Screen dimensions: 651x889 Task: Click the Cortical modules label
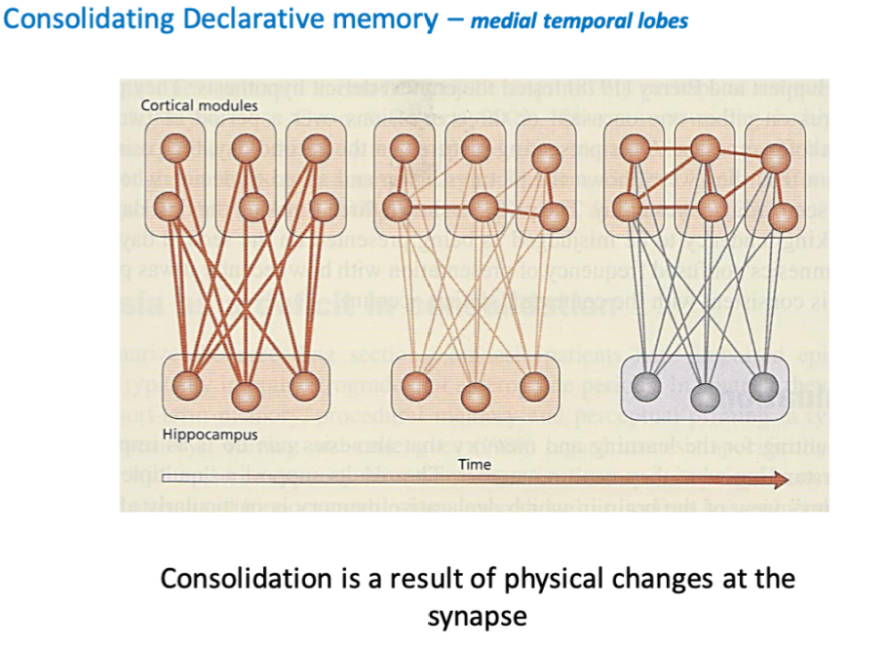click(x=200, y=104)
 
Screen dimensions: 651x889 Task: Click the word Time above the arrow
click(x=475, y=465)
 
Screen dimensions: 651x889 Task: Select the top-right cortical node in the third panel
click(x=774, y=159)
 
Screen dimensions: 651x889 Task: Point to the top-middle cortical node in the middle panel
click(x=476, y=149)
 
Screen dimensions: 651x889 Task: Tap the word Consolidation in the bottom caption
click(x=245, y=579)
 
